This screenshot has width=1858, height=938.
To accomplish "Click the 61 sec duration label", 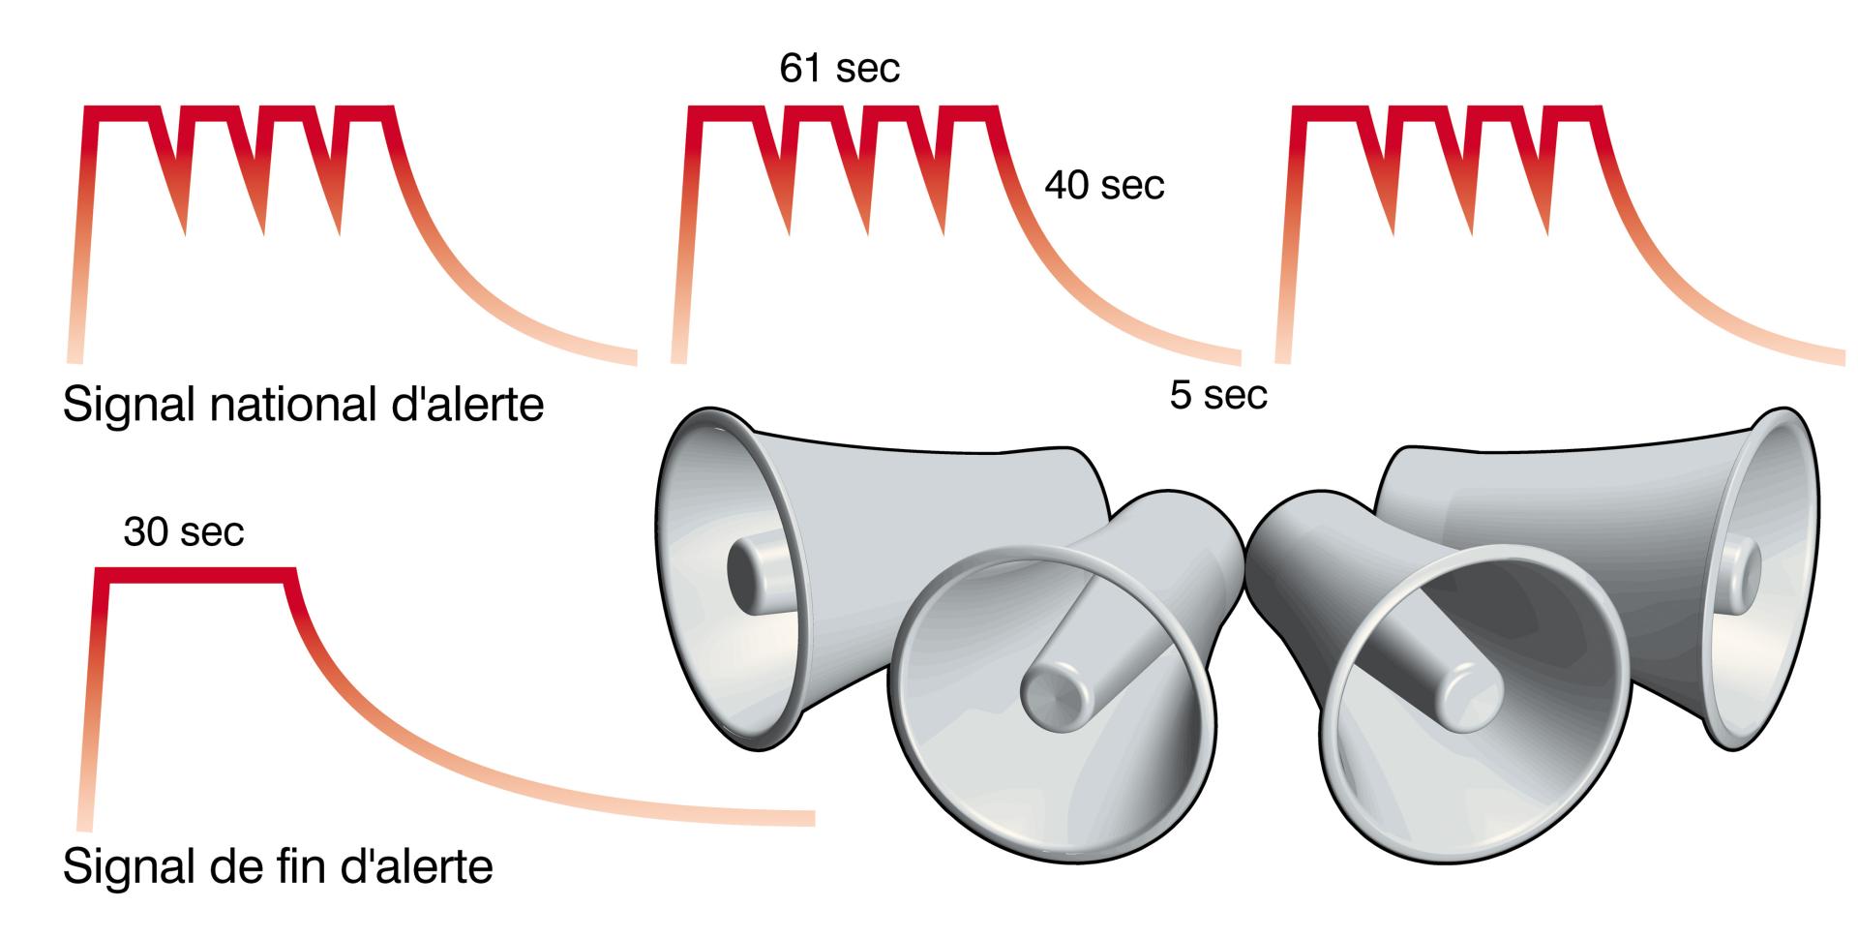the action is pos(839,69).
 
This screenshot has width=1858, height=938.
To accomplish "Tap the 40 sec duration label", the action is pos(1104,185).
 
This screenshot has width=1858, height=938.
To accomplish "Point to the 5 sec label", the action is pos(1218,395).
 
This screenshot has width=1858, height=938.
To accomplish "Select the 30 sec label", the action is pos(184,531).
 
